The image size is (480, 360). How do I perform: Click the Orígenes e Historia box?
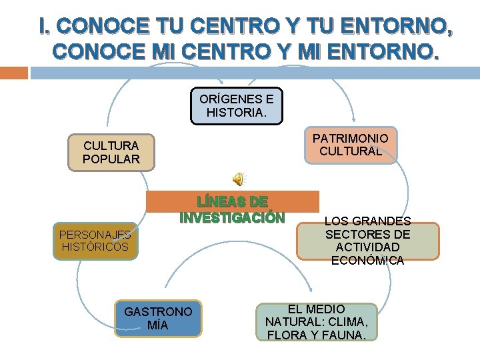(237, 106)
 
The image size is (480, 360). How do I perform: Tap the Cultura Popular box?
(111, 153)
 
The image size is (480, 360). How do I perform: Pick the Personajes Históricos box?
(95, 241)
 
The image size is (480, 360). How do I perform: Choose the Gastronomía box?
(158, 318)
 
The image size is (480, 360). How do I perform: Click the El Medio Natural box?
(317, 322)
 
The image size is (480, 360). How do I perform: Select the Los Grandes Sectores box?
(367, 241)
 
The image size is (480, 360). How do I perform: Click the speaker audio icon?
(238, 179)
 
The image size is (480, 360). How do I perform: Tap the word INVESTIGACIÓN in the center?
(232, 217)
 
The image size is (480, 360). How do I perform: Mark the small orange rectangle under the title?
(14, 72)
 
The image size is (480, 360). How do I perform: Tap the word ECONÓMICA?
(367, 260)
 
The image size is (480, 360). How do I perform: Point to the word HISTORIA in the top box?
(235, 113)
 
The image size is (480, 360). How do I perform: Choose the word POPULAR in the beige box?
(111, 159)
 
